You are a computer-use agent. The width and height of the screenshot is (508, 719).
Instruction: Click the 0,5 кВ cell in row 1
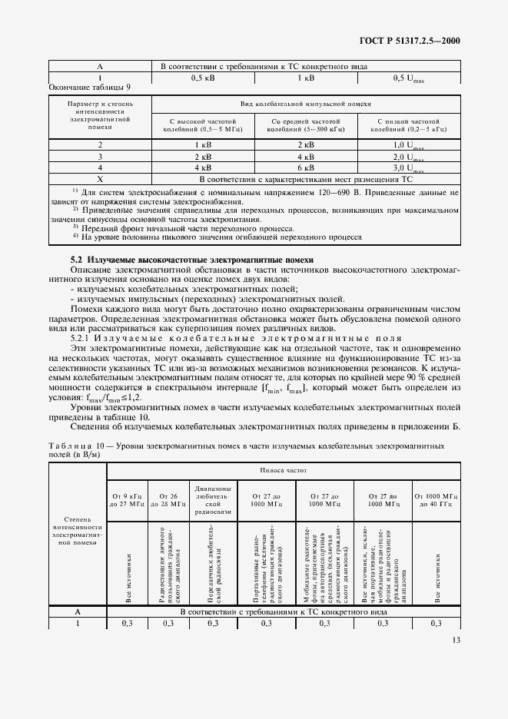click(202, 78)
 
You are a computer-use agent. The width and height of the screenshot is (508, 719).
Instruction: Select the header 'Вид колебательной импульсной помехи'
click(305, 101)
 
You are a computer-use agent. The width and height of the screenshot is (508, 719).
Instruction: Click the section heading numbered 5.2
click(192, 260)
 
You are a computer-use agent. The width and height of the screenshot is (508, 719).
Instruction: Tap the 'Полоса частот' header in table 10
click(284, 468)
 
